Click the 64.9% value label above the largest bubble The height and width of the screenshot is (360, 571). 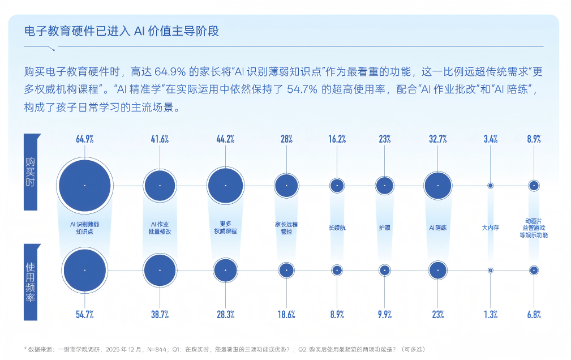pos(84,139)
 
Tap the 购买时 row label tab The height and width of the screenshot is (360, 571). pos(31,171)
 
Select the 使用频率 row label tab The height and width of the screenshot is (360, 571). pos(31,281)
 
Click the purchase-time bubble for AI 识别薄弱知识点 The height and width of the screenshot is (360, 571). pos(84,185)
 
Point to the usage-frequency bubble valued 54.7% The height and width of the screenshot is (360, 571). pos(84,271)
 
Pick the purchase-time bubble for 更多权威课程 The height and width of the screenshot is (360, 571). pos(225,185)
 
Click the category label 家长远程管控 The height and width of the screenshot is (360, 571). pos(286,228)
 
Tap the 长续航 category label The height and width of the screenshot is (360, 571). pos(337,228)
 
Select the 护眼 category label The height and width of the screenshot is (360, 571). pos(384,228)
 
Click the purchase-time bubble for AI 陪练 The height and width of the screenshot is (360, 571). pos(437,185)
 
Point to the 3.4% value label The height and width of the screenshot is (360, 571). pos(490,139)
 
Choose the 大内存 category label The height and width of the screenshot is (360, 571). pos(490,228)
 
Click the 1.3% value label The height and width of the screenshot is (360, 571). pos(490,315)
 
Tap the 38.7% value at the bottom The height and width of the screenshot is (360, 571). pos(160,315)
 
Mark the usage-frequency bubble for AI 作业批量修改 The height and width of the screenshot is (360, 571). pos(160,271)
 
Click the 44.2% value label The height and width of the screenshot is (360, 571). pos(225,139)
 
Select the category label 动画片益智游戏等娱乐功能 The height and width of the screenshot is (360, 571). pos(533,228)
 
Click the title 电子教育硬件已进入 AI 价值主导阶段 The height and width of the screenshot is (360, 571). pos(122,31)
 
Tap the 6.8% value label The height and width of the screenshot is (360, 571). pos(533,315)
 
